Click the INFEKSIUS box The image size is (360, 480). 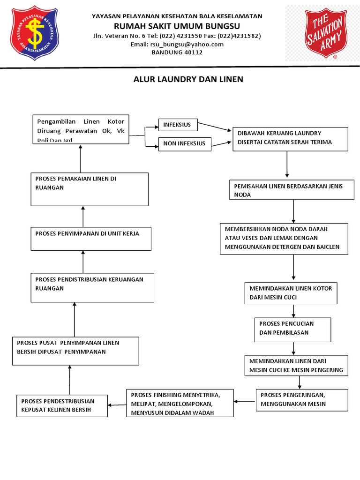pos(178,125)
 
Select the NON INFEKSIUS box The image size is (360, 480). pos(185,143)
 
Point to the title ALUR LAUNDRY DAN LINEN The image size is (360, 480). pos(188,79)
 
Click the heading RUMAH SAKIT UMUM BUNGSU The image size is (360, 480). pos(177,26)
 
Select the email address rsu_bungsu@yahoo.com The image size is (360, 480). pos(177,44)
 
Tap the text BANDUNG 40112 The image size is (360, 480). pos(177,52)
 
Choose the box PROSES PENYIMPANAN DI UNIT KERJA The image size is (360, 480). pos(91,239)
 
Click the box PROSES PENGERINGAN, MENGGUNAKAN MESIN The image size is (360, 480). pos(302,399)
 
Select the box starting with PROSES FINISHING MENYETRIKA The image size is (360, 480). pos(180,403)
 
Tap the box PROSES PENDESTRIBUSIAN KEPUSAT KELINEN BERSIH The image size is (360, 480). pos(62,406)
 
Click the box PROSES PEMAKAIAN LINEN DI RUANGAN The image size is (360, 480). pos(90,189)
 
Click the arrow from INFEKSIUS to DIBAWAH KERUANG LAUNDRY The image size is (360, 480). pos(215,127)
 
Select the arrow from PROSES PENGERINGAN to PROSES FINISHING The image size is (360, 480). pos(245,401)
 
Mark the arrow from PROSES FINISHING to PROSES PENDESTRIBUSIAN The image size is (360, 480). pos(117,405)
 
